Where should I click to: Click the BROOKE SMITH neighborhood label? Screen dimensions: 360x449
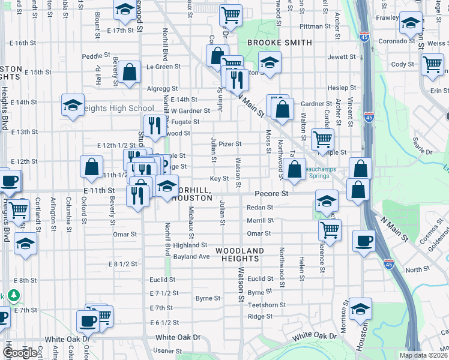point(280,43)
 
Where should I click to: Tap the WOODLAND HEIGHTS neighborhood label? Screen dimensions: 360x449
point(240,254)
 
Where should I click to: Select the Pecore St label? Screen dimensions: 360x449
point(271,194)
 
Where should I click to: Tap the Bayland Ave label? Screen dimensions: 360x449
point(191,256)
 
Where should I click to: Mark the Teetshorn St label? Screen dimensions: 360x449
point(267,305)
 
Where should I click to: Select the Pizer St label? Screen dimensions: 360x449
point(230,144)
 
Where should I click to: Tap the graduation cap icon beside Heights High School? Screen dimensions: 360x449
point(72,104)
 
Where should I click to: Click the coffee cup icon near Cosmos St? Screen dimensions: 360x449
point(364,241)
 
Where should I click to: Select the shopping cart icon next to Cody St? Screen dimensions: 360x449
point(432,64)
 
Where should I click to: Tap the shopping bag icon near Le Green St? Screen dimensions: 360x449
point(130,72)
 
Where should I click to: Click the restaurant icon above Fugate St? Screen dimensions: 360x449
point(155,125)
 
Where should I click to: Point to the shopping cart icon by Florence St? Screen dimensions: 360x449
point(330,229)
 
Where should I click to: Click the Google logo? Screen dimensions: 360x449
point(20,353)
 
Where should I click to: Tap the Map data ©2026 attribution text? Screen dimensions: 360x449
point(423,355)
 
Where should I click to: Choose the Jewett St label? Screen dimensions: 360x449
point(342,57)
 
